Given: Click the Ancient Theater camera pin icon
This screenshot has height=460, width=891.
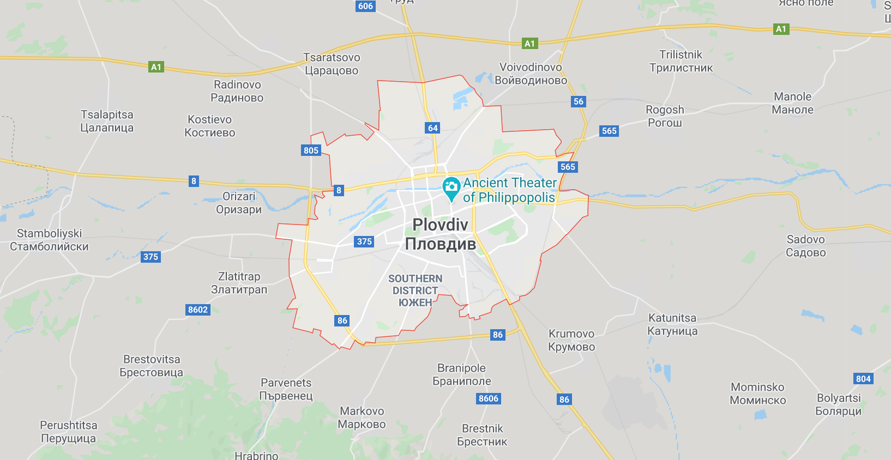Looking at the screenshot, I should coord(451,187).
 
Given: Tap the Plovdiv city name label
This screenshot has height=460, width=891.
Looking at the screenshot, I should coord(440,234).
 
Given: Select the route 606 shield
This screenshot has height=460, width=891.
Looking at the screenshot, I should coord(365,6).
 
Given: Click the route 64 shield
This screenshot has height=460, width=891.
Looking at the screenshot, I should coord(432,128).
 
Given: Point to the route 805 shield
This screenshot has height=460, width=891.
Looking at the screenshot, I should coord(311,150).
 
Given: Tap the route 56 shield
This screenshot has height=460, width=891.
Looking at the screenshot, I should coord(579,101).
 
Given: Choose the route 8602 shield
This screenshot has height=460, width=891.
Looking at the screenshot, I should coord(198,310).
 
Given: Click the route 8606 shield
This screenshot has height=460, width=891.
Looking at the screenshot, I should coord(489,398).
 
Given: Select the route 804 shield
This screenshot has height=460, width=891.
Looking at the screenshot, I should coord(863,379).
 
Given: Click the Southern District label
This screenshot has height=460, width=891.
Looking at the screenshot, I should coord(415,290).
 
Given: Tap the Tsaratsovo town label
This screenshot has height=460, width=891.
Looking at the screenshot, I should coord(332,64).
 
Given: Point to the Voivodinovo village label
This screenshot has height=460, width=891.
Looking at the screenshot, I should coord(531,74).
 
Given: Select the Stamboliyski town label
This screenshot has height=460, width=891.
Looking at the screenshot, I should coord(49,240).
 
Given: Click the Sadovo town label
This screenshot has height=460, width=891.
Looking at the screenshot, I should coord(805,246).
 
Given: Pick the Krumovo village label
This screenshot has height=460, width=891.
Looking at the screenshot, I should coord(571,340).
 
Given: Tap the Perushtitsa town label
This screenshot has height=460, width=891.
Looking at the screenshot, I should coord(69,432).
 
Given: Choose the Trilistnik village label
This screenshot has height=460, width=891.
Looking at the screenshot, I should coord(681,61).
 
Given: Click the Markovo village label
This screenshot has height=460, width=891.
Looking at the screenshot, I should coord(362,417).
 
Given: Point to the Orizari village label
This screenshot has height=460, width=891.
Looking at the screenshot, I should coord(239,203).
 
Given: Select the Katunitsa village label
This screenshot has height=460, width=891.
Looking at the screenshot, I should coord(672,324).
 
